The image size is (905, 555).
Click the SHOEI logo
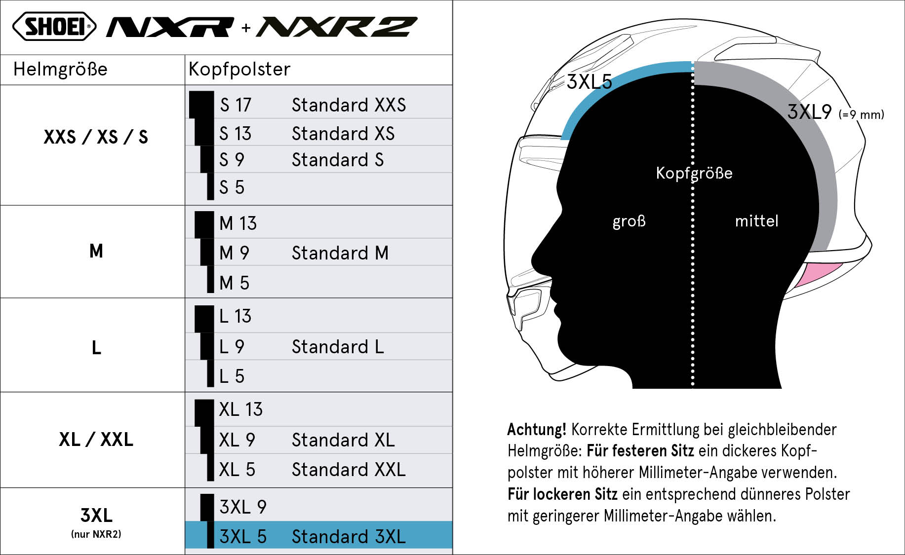pyautogui.click(x=54, y=27)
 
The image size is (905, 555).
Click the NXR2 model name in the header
pyautogui.click(x=337, y=27)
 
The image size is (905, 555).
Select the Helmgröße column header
pyautogui.click(x=60, y=69)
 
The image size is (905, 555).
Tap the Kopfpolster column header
pyautogui.click(x=239, y=69)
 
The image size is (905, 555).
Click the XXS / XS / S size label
pyautogui.click(x=96, y=137)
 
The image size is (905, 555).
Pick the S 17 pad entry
pyautogui.click(x=236, y=105)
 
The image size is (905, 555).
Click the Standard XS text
pyautogui.click(x=343, y=133)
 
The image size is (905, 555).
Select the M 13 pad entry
pyautogui.click(x=238, y=223)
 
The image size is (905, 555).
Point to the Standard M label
pyautogui.click(x=340, y=253)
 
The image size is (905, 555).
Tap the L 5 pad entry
pyautogui.click(x=232, y=376)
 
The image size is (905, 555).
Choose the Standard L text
pyautogui.click(x=338, y=347)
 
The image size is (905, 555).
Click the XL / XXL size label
pyautogui.click(x=96, y=439)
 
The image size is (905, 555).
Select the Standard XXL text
pyautogui.click(x=349, y=470)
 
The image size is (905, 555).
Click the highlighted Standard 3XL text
pyautogui.click(x=349, y=537)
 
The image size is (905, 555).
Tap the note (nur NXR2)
pyautogui.click(x=96, y=534)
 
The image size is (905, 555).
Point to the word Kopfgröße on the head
pyautogui.click(x=694, y=173)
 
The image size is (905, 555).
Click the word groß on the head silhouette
pyautogui.click(x=629, y=221)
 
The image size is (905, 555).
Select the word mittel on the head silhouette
pyautogui.click(x=756, y=221)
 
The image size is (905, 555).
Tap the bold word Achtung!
pyautogui.click(x=537, y=429)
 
